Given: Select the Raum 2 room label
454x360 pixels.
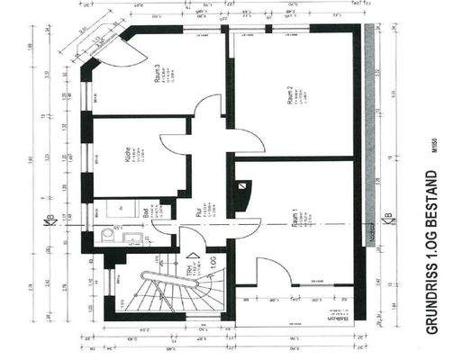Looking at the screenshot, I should (290, 95).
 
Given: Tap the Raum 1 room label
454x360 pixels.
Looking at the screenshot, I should (294, 221).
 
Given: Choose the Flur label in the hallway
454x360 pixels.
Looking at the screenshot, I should (198, 214).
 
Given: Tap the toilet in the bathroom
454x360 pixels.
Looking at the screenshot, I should (108, 236).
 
